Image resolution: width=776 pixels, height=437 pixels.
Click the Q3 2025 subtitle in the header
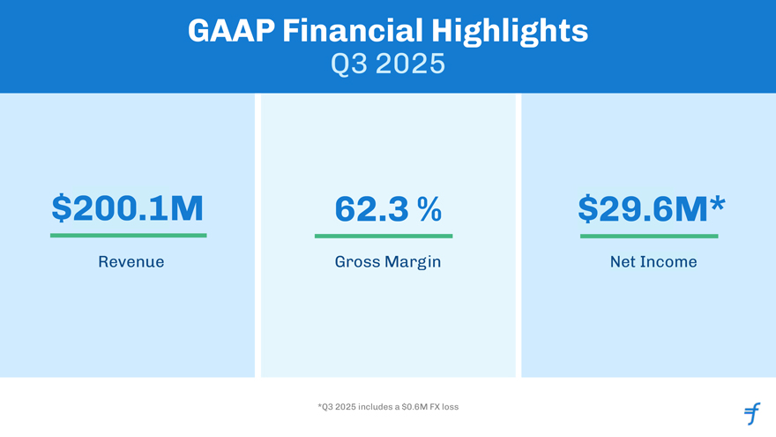(x=388, y=64)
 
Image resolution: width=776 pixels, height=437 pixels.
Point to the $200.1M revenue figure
(x=128, y=208)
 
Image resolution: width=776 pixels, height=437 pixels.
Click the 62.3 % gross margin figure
(x=388, y=208)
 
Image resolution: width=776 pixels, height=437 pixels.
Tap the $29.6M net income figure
(x=643, y=208)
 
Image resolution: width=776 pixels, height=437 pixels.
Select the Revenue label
(x=131, y=262)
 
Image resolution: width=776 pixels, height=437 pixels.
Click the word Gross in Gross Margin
(x=357, y=262)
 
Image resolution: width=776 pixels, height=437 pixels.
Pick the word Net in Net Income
(x=622, y=262)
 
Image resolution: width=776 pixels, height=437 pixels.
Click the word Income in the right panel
(x=668, y=262)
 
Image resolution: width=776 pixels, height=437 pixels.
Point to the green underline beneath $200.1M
(x=129, y=236)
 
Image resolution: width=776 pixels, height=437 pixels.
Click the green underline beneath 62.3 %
(x=384, y=236)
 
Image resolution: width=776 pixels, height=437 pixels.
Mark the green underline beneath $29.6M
(x=649, y=236)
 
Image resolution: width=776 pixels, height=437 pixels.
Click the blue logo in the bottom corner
(x=751, y=412)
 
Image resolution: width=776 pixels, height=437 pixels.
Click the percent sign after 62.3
(x=429, y=208)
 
